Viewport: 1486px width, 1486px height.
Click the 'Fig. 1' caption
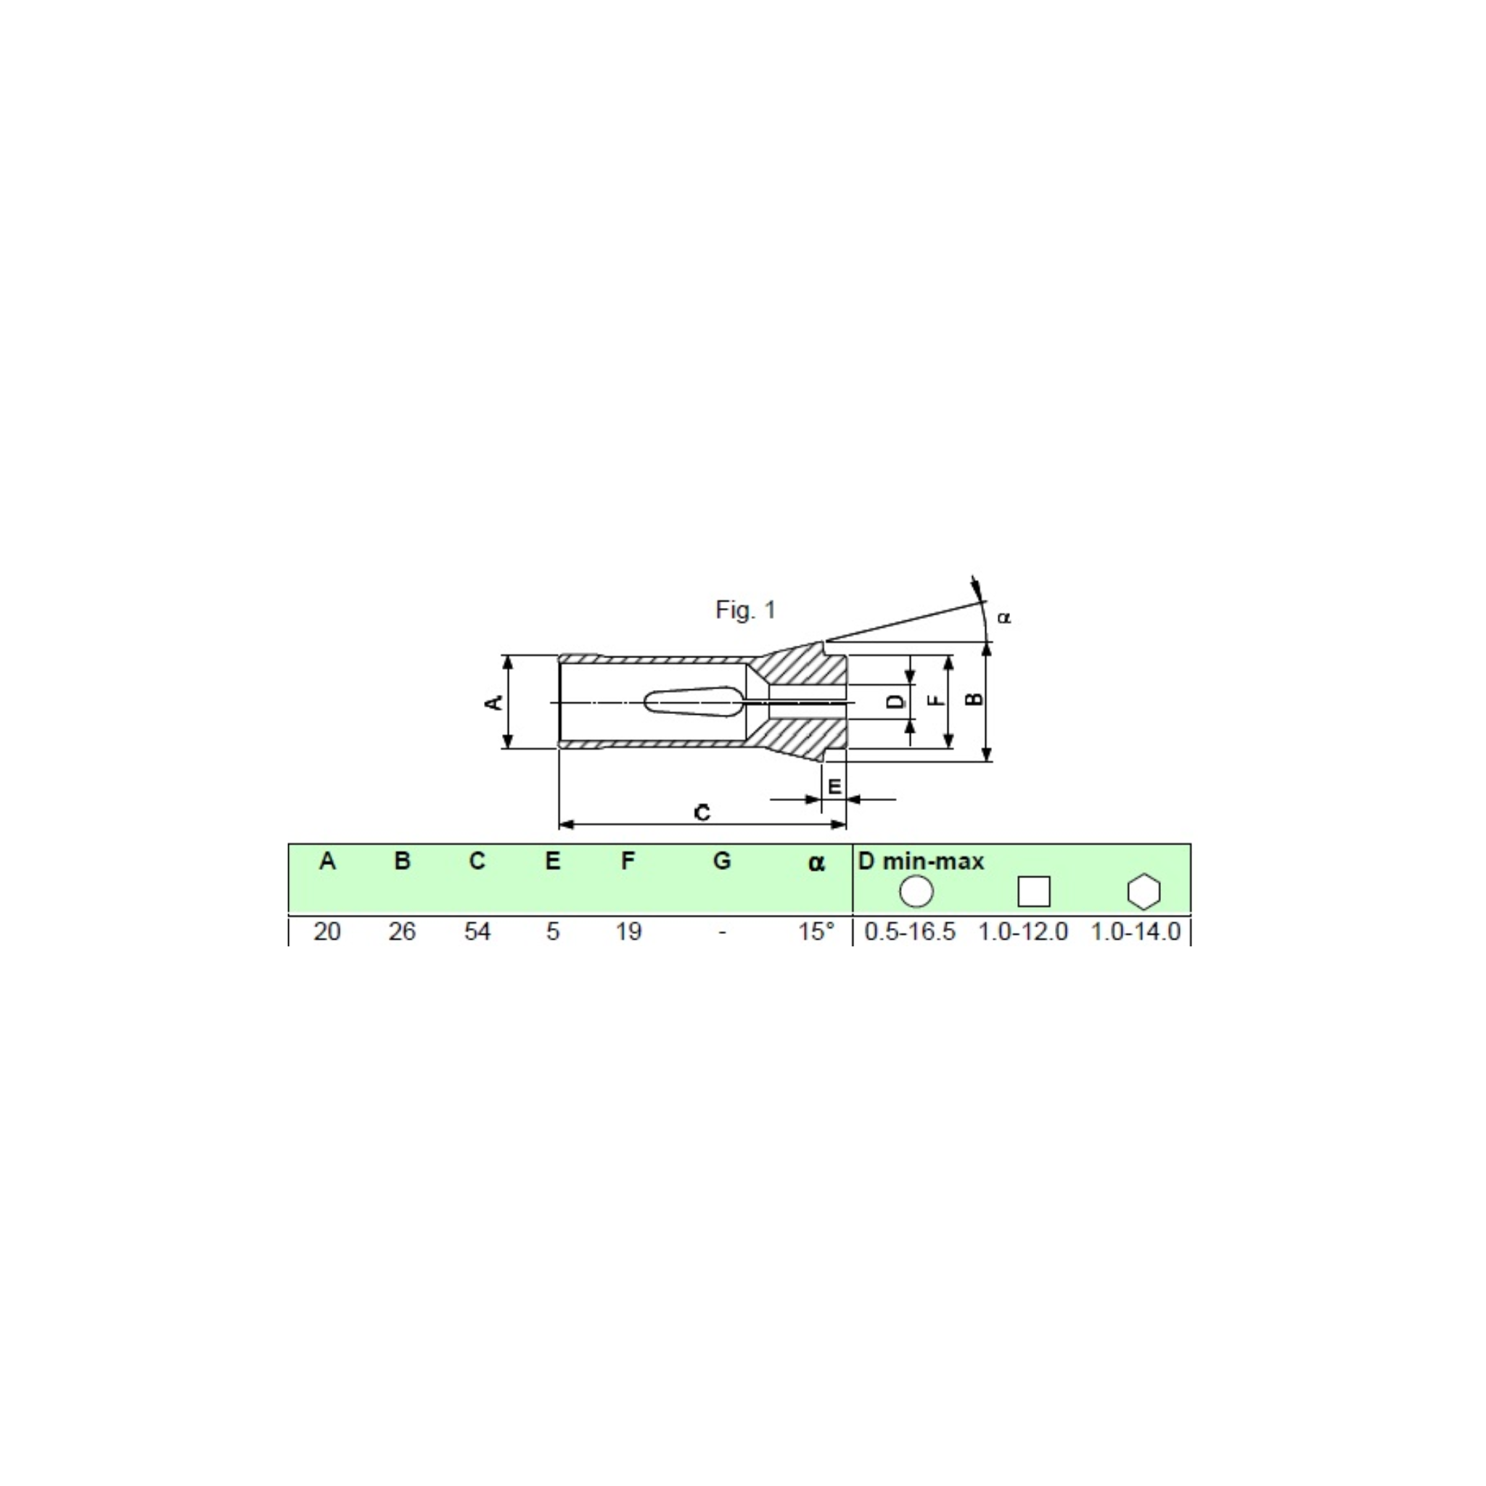745,610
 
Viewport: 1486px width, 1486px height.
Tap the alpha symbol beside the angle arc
1003,617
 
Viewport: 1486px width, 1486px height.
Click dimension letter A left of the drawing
496,702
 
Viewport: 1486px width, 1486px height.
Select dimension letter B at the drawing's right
974,699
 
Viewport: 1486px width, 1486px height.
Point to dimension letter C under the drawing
702,812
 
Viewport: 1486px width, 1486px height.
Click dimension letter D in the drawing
895,702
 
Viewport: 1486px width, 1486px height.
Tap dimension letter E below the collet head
834,787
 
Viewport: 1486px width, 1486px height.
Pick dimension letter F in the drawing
935,700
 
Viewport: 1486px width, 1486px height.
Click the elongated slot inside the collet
694,702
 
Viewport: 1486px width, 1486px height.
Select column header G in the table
721,861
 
